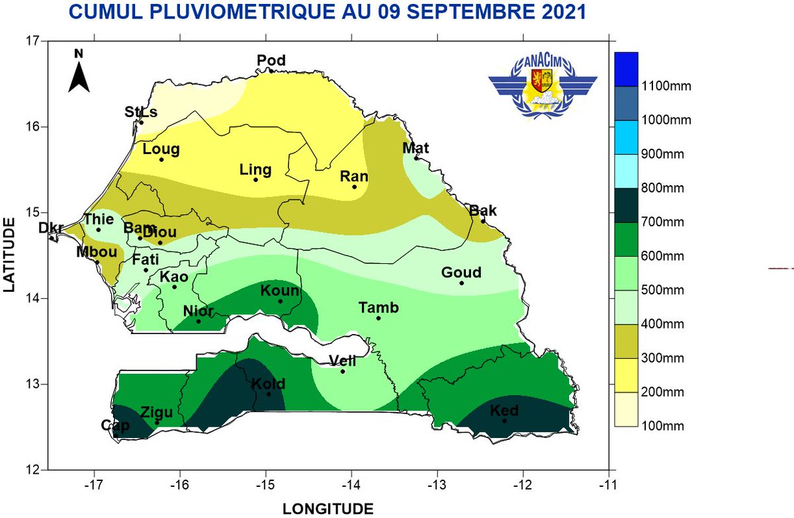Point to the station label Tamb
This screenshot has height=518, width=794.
pyautogui.click(x=378, y=308)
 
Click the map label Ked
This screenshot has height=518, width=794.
pyautogui.click(x=504, y=411)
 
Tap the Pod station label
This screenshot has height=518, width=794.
pyautogui.click(x=271, y=61)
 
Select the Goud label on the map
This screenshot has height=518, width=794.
pyautogui.click(x=461, y=273)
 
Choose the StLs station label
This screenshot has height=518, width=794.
pyautogui.click(x=141, y=112)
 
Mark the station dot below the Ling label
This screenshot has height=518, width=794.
pyautogui.click(x=255, y=180)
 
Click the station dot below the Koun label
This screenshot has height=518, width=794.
pyautogui.click(x=280, y=302)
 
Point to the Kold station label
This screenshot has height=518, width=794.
pyautogui.click(x=268, y=384)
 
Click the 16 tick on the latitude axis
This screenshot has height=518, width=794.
pyautogui.click(x=31, y=126)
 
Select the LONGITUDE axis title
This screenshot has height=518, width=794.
pyautogui.click(x=328, y=508)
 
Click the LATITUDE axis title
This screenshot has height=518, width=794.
pyautogui.click(x=10, y=255)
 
